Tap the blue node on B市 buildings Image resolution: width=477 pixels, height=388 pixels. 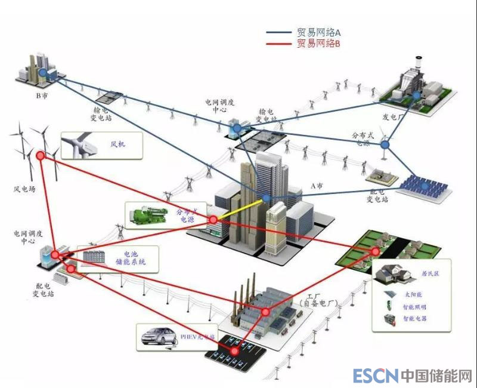click(x=43, y=72)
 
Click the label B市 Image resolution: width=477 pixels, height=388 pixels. click(x=41, y=95)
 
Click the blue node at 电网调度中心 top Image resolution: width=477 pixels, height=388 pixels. click(x=237, y=128)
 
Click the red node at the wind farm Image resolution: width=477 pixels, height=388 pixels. click(x=41, y=156)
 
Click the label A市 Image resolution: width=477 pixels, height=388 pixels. click(x=317, y=186)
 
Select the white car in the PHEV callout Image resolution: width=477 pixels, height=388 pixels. click(x=159, y=337)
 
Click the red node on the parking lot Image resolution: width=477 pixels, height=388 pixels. click(x=235, y=351)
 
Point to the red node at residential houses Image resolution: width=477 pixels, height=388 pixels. click(x=374, y=251)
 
